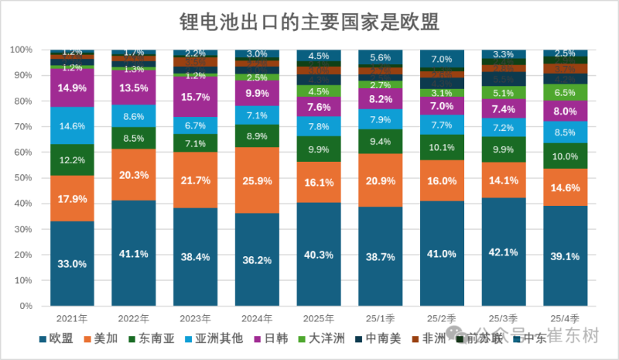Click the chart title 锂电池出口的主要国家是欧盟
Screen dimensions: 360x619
point(309,22)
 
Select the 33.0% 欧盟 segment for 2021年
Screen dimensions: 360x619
point(73,263)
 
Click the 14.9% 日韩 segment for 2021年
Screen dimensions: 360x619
point(73,87)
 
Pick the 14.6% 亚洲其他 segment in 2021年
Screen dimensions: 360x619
point(73,125)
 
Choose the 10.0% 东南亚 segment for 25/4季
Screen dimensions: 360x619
point(565,156)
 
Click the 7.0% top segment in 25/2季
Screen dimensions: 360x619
point(442,59)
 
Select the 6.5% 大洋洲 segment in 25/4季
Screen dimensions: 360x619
point(565,92)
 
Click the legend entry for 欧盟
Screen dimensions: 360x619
point(56,338)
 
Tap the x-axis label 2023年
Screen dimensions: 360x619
point(196,317)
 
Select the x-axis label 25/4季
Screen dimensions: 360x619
point(565,317)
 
